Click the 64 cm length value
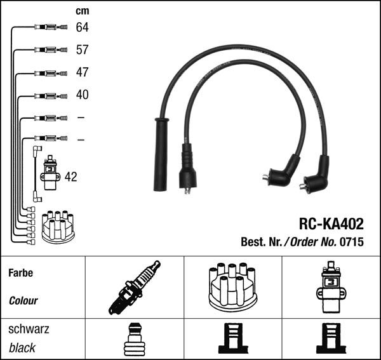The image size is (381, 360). (x=83, y=28)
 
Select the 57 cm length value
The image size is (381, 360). (x=83, y=50)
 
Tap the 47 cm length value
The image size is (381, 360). (x=83, y=72)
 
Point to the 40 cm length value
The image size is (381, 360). (x=83, y=95)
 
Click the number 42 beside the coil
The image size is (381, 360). (x=70, y=177)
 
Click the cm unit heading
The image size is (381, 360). (x=82, y=11)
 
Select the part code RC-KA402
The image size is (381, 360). (x=331, y=224)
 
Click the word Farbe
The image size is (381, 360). (x=20, y=273)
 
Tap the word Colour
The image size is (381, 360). (x=23, y=300)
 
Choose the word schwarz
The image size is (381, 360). (x=29, y=330)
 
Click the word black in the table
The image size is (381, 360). (x=22, y=348)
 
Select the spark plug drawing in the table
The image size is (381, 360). (x=134, y=288)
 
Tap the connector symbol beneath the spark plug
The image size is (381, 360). (x=134, y=339)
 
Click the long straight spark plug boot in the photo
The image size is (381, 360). (x=161, y=154)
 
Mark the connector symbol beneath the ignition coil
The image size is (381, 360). (x=331, y=339)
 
